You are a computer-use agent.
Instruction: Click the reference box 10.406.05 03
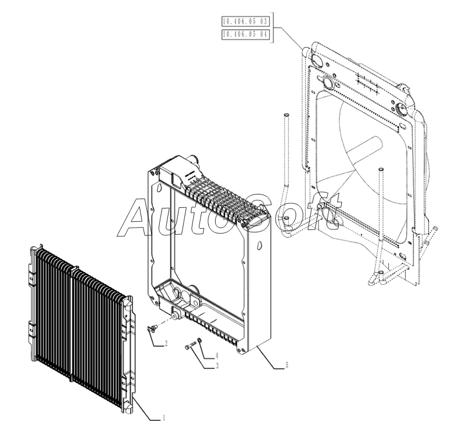tap(244, 22)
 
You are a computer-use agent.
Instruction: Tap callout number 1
tap(164, 417)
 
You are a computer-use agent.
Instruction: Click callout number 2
tap(166, 344)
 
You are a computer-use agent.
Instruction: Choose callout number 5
tap(286, 365)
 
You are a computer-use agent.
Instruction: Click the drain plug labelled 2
tap(151, 328)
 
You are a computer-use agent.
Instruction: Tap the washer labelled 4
tap(200, 341)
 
